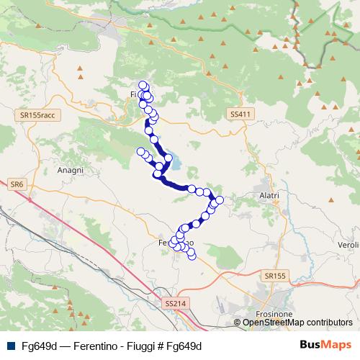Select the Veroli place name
pos(348,245)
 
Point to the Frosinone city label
pos(273,315)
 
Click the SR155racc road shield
pos(39,115)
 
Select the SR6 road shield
pos(17,185)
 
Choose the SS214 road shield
pos(175,303)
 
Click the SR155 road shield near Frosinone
pos(274,276)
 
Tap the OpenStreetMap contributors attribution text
pos(297,323)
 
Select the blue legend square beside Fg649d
pos(9,346)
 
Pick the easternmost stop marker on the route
pos(220,199)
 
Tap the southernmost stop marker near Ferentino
pos(192,255)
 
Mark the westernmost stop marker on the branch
pos(140,151)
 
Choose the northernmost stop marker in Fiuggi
pos(143,85)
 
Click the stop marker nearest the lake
pos(168,157)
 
